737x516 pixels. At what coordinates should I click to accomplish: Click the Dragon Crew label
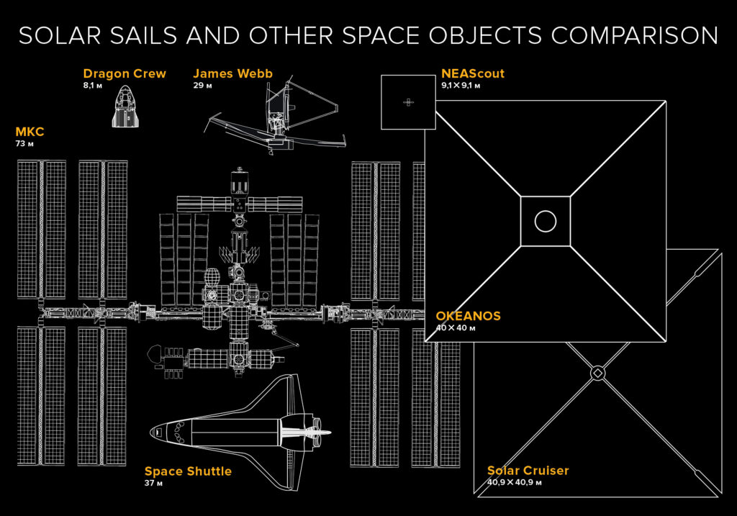[x=125, y=74]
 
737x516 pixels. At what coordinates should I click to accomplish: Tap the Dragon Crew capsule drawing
[x=126, y=107]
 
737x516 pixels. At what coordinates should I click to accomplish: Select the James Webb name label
[x=232, y=74]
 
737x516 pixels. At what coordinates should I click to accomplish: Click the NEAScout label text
[x=473, y=74]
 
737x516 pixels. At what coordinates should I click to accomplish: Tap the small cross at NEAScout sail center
[x=409, y=102]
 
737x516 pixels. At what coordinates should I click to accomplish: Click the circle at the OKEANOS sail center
[x=546, y=222]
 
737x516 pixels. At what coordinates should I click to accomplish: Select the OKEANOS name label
[x=468, y=316]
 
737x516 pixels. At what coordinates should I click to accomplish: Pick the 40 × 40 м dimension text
[x=456, y=327]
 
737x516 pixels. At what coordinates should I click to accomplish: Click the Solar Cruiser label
[x=528, y=471]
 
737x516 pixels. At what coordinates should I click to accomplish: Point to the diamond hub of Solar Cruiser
[x=597, y=373]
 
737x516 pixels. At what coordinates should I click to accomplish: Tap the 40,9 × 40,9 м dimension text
[x=514, y=482]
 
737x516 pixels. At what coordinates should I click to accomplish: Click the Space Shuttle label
[x=188, y=471]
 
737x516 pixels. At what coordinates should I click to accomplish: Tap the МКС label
[x=30, y=132]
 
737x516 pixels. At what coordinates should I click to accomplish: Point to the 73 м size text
[x=24, y=143]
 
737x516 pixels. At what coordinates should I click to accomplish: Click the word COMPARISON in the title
[x=635, y=36]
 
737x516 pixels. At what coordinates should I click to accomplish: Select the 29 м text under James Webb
[x=202, y=86]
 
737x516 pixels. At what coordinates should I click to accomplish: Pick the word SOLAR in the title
[x=60, y=36]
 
